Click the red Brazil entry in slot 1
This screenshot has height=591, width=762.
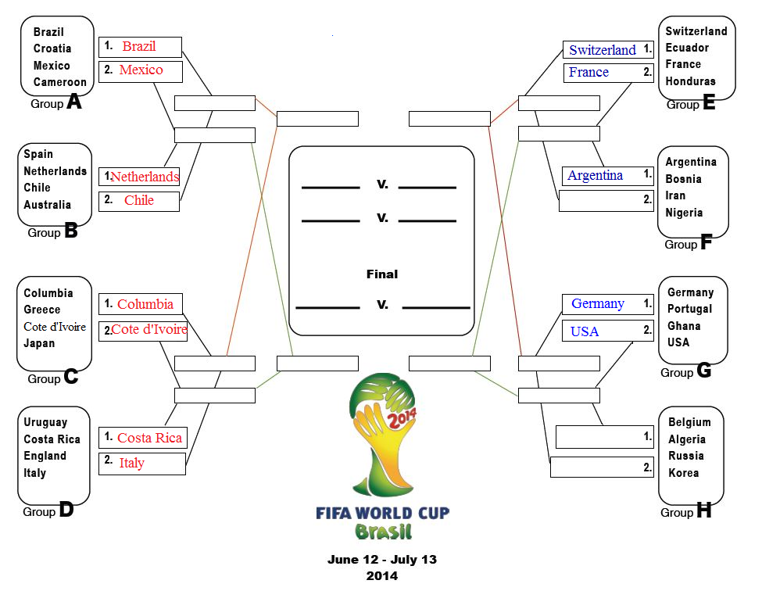tap(139, 46)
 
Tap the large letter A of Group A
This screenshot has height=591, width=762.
tap(74, 101)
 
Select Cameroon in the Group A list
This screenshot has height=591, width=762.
tap(59, 82)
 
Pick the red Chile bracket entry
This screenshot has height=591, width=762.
tap(139, 200)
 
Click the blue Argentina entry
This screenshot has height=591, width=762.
tap(595, 175)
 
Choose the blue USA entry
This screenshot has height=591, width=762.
tap(584, 331)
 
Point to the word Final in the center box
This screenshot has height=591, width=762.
tap(382, 274)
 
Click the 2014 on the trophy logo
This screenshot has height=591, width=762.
tap(402, 418)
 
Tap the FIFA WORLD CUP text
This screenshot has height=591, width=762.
tap(382, 514)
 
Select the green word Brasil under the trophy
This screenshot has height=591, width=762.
tap(383, 532)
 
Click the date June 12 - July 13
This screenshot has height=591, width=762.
tap(382, 560)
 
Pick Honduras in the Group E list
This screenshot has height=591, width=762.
tap(690, 81)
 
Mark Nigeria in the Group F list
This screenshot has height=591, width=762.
tap(684, 213)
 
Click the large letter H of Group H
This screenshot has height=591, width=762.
tap(703, 510)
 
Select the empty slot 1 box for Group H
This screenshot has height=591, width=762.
tap(605, 437)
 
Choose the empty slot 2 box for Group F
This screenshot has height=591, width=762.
tap(606, 201)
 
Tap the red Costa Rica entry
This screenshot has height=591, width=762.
tap(150, 438)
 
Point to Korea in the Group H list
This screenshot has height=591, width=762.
tap(683, 473)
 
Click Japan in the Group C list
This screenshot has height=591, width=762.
tap(39, 343)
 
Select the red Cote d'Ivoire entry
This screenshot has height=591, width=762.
tap(149, 330)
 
